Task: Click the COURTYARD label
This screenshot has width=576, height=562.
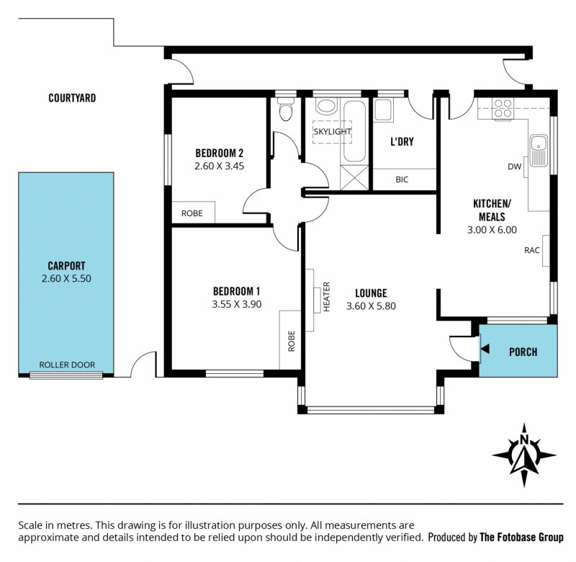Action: [72, 98]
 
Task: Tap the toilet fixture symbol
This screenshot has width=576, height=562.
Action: [285, 109]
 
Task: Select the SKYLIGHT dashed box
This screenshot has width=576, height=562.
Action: [332, 132]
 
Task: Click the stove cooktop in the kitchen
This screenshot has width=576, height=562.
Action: [503, 109]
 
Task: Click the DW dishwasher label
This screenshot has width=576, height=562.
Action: [514, 166]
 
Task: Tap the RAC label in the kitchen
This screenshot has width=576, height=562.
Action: [531, 250]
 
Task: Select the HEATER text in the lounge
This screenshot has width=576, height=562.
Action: [327, 297]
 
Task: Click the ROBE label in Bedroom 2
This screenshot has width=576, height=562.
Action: [192, 213]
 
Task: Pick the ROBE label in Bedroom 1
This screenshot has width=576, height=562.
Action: [292, 341]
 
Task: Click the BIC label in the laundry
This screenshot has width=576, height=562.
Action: [402, 179]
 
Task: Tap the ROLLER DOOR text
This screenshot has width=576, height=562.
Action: [67, 365]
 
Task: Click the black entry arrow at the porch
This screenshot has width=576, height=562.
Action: [485, 349]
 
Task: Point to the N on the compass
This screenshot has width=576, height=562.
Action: [524, 440]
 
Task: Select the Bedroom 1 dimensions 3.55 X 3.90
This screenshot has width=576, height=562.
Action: [237, 304]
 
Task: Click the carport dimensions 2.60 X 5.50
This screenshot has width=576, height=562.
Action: [66, 278]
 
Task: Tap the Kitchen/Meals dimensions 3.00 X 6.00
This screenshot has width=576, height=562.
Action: [492, 230]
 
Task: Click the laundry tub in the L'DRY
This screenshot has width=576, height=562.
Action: [384, 110]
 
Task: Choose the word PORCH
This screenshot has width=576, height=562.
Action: [523, 352]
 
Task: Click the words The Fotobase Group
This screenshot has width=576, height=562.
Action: [521, 538]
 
